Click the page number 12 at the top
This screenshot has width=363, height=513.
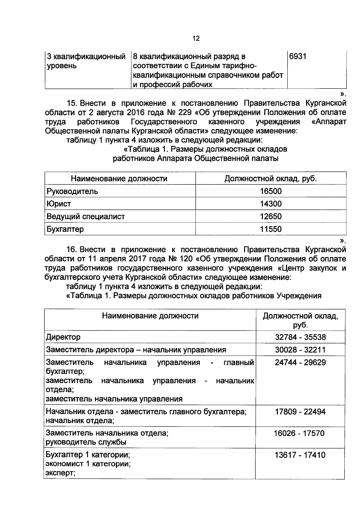196,39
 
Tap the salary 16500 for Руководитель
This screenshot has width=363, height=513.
271,191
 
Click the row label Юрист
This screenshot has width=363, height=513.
59,204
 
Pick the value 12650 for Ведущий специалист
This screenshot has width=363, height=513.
271,217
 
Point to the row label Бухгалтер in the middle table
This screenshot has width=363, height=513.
65,229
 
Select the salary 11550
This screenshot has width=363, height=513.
271,229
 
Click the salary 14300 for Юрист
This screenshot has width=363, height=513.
271,204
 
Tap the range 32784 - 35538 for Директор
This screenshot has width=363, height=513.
300,337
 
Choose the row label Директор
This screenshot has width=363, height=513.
63,337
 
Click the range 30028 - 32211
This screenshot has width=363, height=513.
300,350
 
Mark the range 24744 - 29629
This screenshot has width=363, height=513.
300,362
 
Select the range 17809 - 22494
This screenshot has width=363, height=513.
300,412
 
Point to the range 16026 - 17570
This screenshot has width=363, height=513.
299,433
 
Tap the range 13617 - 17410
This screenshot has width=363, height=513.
300,455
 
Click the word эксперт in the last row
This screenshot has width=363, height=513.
60,473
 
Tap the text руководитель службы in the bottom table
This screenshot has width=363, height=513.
86,443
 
